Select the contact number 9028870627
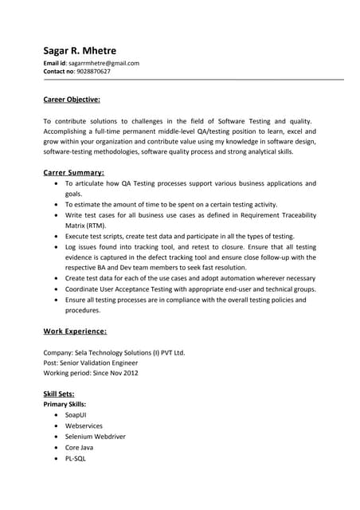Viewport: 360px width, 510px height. click(93, 72)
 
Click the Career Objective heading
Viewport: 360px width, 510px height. click(72, 100)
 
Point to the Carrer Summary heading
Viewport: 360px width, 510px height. click(73, 172)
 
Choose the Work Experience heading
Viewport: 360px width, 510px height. click(75, 331)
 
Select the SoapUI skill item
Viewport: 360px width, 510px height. click(76, 416)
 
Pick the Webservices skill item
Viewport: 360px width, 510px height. click(84, 426)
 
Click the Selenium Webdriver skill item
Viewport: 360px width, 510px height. click(95, 437)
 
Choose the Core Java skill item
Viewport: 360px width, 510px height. click(80, 448)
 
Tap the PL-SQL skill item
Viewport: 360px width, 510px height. click(76, 459)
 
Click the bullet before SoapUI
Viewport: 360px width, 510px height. click(55, 416)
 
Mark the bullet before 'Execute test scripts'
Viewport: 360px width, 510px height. click(55, 237)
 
